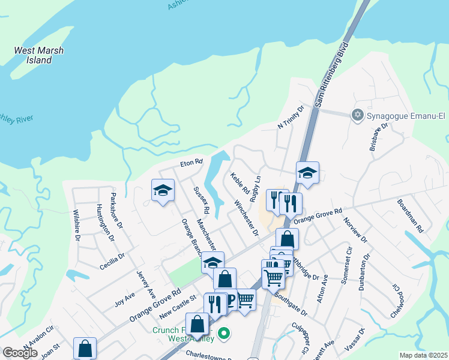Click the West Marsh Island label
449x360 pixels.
coord(38,55)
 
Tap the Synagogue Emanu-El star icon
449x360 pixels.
coord(358,114)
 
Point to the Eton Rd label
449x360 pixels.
coord(192,163)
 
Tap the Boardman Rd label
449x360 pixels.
coord(410,217)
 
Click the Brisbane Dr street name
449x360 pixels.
coord(379,137)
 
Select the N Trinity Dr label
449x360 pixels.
coord(291,117)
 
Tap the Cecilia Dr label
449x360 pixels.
coord(112,261)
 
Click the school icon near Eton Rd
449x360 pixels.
coord(162,191)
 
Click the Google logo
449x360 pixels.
coord(20,353)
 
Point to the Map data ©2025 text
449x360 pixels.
coord(423,355)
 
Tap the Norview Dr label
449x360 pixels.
coord(356,230)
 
